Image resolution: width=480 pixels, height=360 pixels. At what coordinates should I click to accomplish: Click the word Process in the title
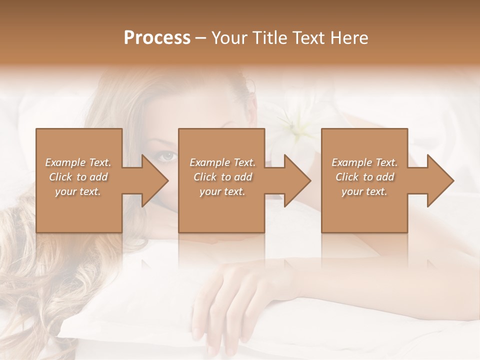coord(157,38)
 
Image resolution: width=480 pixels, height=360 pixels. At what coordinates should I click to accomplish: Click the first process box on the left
coord(79,210)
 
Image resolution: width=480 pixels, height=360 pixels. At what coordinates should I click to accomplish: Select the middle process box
coord(221,210)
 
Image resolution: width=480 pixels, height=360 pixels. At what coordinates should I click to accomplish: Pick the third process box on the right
coord(364,210)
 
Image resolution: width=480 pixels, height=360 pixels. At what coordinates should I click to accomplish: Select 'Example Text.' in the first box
coord(78,162)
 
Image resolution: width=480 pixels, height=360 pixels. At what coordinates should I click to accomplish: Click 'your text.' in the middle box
coord(222,191)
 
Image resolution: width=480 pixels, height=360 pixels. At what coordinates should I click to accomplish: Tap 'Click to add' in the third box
coord(364,177)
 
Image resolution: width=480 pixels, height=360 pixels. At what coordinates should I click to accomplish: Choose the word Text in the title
coord(306,38)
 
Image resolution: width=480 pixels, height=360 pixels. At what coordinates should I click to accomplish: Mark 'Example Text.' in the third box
coord(364,162)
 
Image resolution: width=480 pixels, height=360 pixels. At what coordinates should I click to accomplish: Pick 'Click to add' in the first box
coord(78,177)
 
